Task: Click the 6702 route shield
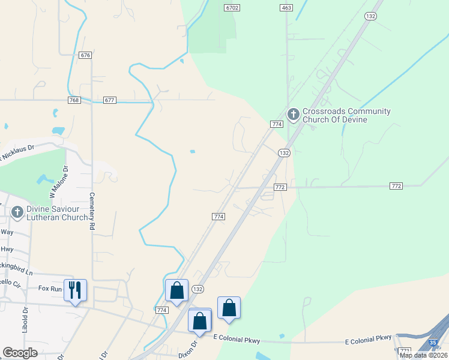pyautogui.click(x=232, y=8)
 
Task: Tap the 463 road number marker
pyautogui.click(x=286, y=8)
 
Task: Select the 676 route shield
pyautogui.click(x=85, y=55)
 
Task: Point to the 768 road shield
pyautogui.click(x=74, y=100)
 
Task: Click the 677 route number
pyautogui.click(x=109, y=100)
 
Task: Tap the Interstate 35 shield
pyautogui.click(x=433, y=343)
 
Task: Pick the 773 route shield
pyautogui.click(x=405, y=351)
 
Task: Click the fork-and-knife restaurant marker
pyautogui.click(x=75, y=290)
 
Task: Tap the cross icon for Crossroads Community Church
pyautogui.click(x=294, y=113)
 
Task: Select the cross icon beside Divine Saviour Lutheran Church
pyautogui.click(x=17, y=212)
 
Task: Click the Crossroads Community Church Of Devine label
pyautogui.click(x=346, y=115)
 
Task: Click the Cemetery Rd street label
pyautogui.click(x=92, y=211)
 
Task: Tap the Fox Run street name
pyautogui.click(x=50, y=288)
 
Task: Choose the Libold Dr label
pyautogui.click(x=26, y=320)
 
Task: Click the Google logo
pyautogui.click(x=20, y=353)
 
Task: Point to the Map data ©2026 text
pyautogui.click(x=423, y=355)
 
